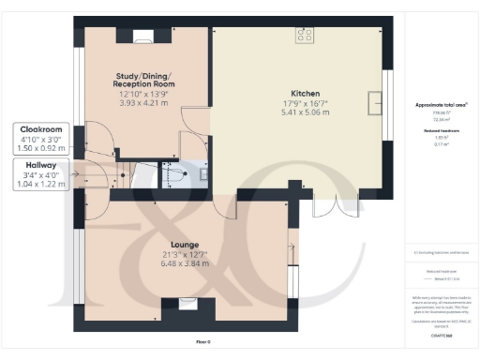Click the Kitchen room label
[x=305, y=94]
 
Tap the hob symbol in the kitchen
[x=306, y=35]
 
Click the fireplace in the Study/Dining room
[x=143, y=37]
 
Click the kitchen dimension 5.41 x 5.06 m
[x=305, y=111]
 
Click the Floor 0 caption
[x=202, y=342]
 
